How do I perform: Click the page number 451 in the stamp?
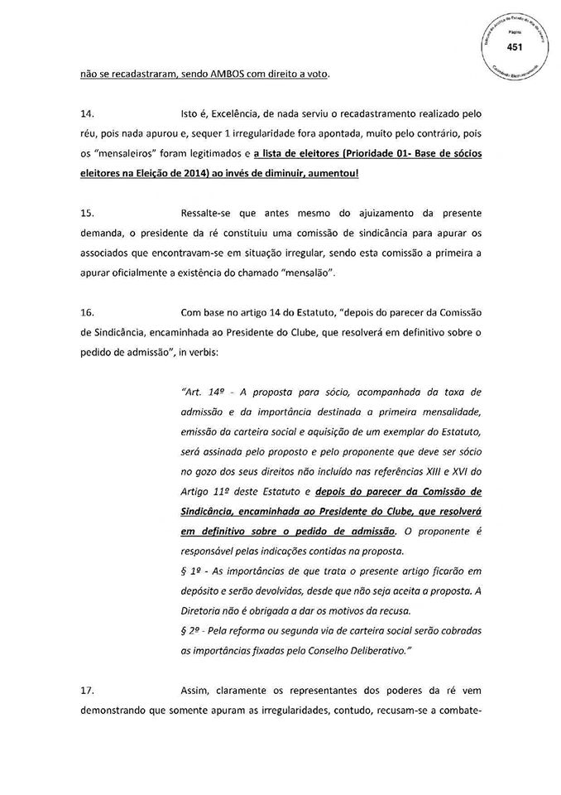(x=515, y=47)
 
